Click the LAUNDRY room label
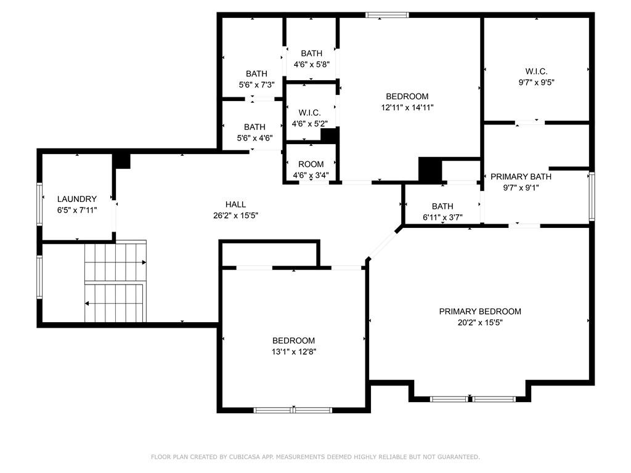pos(77,199)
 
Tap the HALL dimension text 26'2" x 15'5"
pos(235,216)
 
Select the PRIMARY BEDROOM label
pos(480,312)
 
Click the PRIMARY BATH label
pos(521,177)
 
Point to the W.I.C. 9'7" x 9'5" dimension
pos(536,83)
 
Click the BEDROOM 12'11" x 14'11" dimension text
pos(407,107)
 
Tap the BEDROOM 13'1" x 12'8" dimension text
pos(293,352)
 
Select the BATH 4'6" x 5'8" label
pos(311,54)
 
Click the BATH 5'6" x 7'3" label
pos(256,74)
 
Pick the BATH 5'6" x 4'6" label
pos(254,127)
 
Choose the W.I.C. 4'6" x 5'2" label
pos(309,113)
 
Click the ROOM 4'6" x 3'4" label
pos(311,164)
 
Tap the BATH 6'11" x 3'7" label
pos(442,206)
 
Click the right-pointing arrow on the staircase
pos(144,262)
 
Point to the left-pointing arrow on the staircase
pos(88,303)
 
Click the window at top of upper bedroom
pos(387,15)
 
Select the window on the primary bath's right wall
pos(592,196)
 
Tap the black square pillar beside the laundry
pos(122,160)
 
